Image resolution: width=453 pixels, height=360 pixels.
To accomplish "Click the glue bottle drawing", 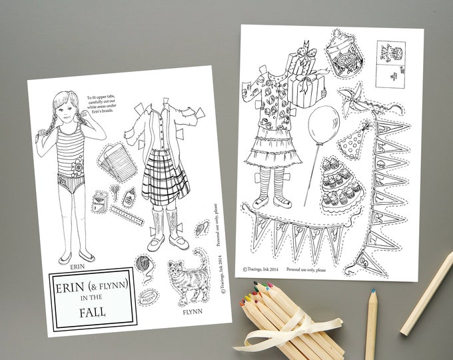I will (x=129, y=197).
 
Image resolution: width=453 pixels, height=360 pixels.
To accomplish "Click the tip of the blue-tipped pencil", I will (x=372, y=292).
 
